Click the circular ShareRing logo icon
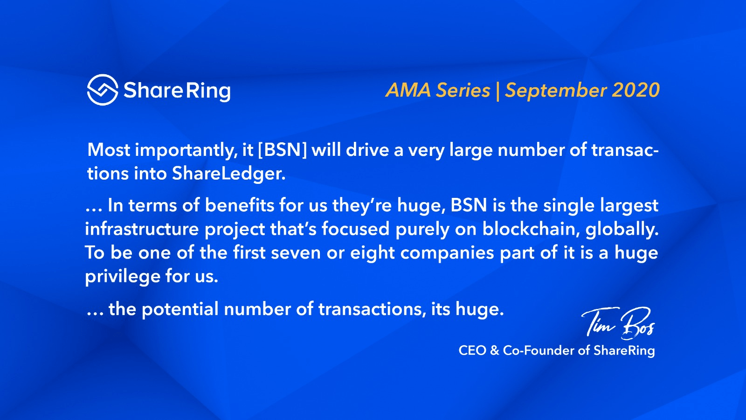[103, 90]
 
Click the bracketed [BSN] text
[283, 150]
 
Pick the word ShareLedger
[229, 174]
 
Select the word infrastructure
[142, 229]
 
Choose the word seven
[296, 253]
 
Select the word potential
[180, 309]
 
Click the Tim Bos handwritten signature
[618, 322]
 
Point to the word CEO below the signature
[472, 350]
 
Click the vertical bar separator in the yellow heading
[497, 91]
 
